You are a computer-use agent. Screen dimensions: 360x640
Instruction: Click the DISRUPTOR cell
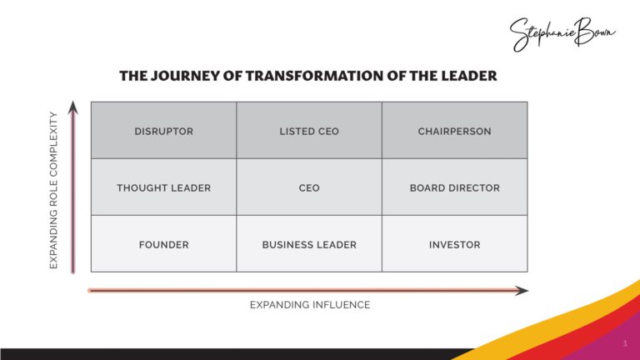pos(163,131)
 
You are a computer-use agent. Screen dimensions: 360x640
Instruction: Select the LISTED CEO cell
pos(309,131)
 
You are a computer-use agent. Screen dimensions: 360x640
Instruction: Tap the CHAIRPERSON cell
pos(454,131)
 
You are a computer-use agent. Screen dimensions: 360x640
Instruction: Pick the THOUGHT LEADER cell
pos(163,187)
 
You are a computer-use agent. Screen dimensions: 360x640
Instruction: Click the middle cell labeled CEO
pos(309,187)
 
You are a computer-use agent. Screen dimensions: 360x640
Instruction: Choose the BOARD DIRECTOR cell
pos(454,187)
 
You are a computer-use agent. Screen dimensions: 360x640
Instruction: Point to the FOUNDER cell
pos(163,244)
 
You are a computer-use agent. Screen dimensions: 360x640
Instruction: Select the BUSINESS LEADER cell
pos(309,244)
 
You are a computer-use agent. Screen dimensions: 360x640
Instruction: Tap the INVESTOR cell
pos(454,244)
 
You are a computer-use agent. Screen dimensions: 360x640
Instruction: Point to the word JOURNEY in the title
pos(180,76)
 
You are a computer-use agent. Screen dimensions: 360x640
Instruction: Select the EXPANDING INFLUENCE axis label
pos(309,305)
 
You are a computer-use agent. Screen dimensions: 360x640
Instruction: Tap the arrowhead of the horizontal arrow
pos(522,291)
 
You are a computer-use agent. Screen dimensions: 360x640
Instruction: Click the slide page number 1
pos(624,343)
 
